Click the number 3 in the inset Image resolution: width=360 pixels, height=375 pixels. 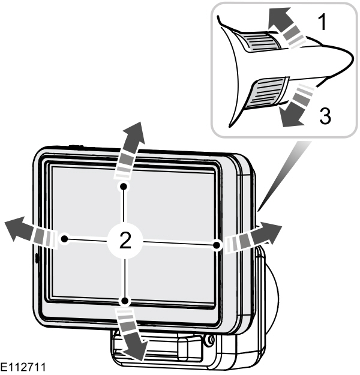pyautogui.click(x=323, y=115)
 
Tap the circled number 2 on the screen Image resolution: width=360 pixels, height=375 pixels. pyautogui.click(x=124, y=241)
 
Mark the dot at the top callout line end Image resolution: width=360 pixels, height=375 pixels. pyautogui.click(x=123, y=187)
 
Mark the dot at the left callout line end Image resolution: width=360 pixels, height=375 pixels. pyautogui.click(x=65, y=238)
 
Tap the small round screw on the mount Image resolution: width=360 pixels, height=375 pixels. pyautogui.click(x=209, y=340)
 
